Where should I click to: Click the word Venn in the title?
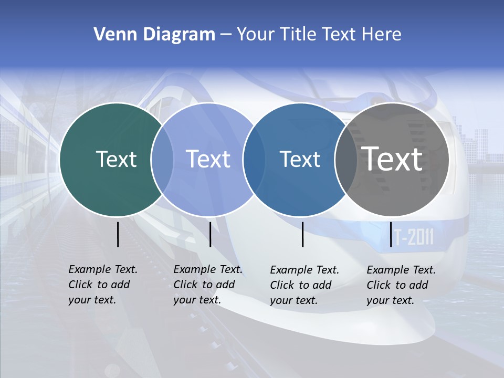pos(111,35)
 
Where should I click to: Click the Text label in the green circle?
pos(116,159)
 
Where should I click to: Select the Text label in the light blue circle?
pos(208,159)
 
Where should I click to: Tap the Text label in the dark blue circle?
pos(300,159)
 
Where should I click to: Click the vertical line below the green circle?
pos(118,234)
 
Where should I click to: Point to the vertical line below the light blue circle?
pos(210,234)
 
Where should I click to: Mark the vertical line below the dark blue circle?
pos(303,234)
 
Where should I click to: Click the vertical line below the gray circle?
pos(391,234)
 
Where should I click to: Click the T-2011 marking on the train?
pos(414,238)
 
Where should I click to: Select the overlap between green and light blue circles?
pos(162,159)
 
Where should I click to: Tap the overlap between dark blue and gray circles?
pos(346,159)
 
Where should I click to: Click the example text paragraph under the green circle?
pos(103,285)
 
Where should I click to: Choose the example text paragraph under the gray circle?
pos(401,285)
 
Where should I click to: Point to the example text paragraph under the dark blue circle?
pos(304,285)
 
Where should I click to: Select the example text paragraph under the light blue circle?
pos(208,285)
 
